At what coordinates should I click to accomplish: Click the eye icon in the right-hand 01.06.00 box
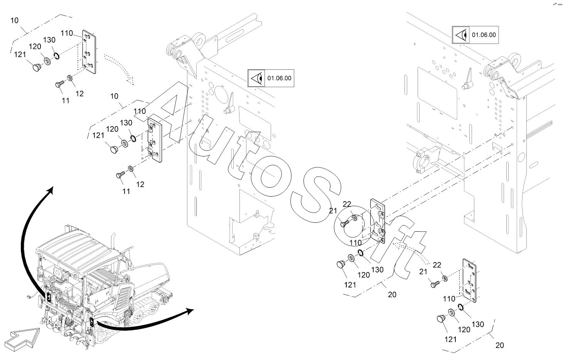point(462,35)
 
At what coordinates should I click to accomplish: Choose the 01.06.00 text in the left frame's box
point(280,78)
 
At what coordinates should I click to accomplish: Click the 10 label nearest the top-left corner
point(14,20)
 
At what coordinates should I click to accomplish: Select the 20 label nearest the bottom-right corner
point(499,345)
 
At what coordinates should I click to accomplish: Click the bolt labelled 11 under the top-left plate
point(60,84)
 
